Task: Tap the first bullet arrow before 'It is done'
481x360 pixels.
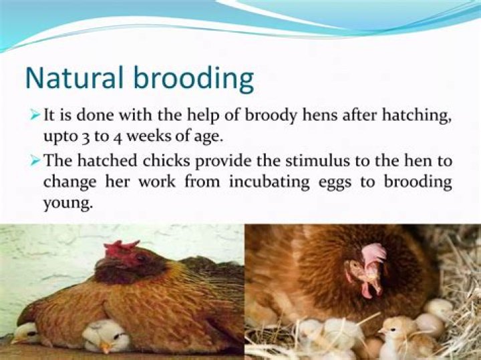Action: [x=36, y=115]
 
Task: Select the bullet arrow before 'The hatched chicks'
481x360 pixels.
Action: [x=36, y=160]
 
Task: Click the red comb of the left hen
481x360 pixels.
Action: [x=122, y=250]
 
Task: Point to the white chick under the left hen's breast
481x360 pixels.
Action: [x=106, y=334]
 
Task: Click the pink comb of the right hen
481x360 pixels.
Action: [x=372, y=254]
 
